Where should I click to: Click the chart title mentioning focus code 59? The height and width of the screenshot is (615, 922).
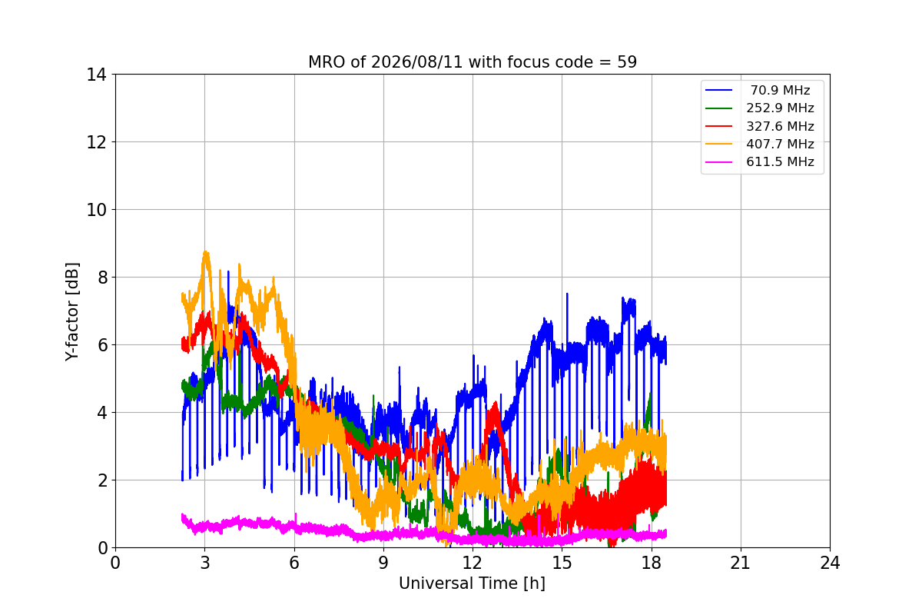tap(472, 62)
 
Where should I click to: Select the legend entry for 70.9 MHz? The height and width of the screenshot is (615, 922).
tap(780, 90)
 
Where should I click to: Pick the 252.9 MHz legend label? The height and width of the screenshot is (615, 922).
tap(780, 108)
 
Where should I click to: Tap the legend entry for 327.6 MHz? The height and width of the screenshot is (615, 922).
tap(780, 126)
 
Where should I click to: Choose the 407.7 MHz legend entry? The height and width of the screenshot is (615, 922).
tap(780, 144)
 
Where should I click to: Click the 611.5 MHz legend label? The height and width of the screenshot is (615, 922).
tap(780, 162)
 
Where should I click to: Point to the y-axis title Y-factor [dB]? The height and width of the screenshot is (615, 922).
tap(72, 312)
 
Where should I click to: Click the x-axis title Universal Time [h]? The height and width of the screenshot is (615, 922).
tap(472, 583)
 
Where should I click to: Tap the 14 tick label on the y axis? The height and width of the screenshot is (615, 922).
tap(96, 75)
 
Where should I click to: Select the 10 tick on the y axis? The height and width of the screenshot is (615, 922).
tap(96, 210)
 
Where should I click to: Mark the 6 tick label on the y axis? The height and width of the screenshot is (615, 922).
tap(102, 345)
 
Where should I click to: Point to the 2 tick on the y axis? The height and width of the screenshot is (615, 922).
tap(102, 480)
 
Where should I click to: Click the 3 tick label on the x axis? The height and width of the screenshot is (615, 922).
tap(205, 563)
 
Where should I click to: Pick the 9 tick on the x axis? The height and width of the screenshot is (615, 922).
tap(383, 563)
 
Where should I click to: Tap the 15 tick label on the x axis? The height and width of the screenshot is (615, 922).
tap(562, 563)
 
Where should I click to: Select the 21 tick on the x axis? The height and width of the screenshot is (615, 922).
tap(741, 563)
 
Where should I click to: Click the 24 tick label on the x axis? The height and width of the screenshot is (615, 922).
tap(830, 563)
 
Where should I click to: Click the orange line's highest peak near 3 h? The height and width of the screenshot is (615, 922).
tap(206, 252)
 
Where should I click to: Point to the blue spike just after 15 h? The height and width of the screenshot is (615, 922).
tap(567, 294)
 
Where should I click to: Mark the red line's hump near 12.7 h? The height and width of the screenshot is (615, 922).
tap(495, 403)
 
